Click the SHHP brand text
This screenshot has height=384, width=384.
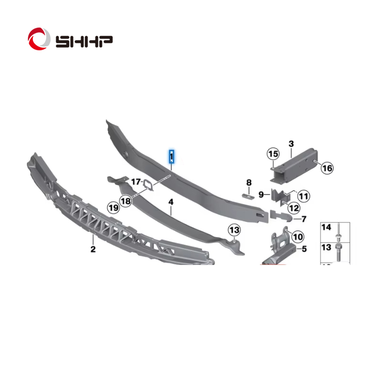point(84,41)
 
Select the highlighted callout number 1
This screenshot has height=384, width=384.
point(172,156)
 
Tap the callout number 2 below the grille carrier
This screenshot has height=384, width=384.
point(93,249)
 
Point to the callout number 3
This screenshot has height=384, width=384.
point(291,144)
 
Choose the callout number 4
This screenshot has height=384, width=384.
point(171,202)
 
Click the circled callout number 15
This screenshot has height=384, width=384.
point(273,154)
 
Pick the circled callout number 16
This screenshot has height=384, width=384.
point(327,168)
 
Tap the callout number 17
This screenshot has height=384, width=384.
point(136,182)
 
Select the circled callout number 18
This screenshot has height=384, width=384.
point(126,201)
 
